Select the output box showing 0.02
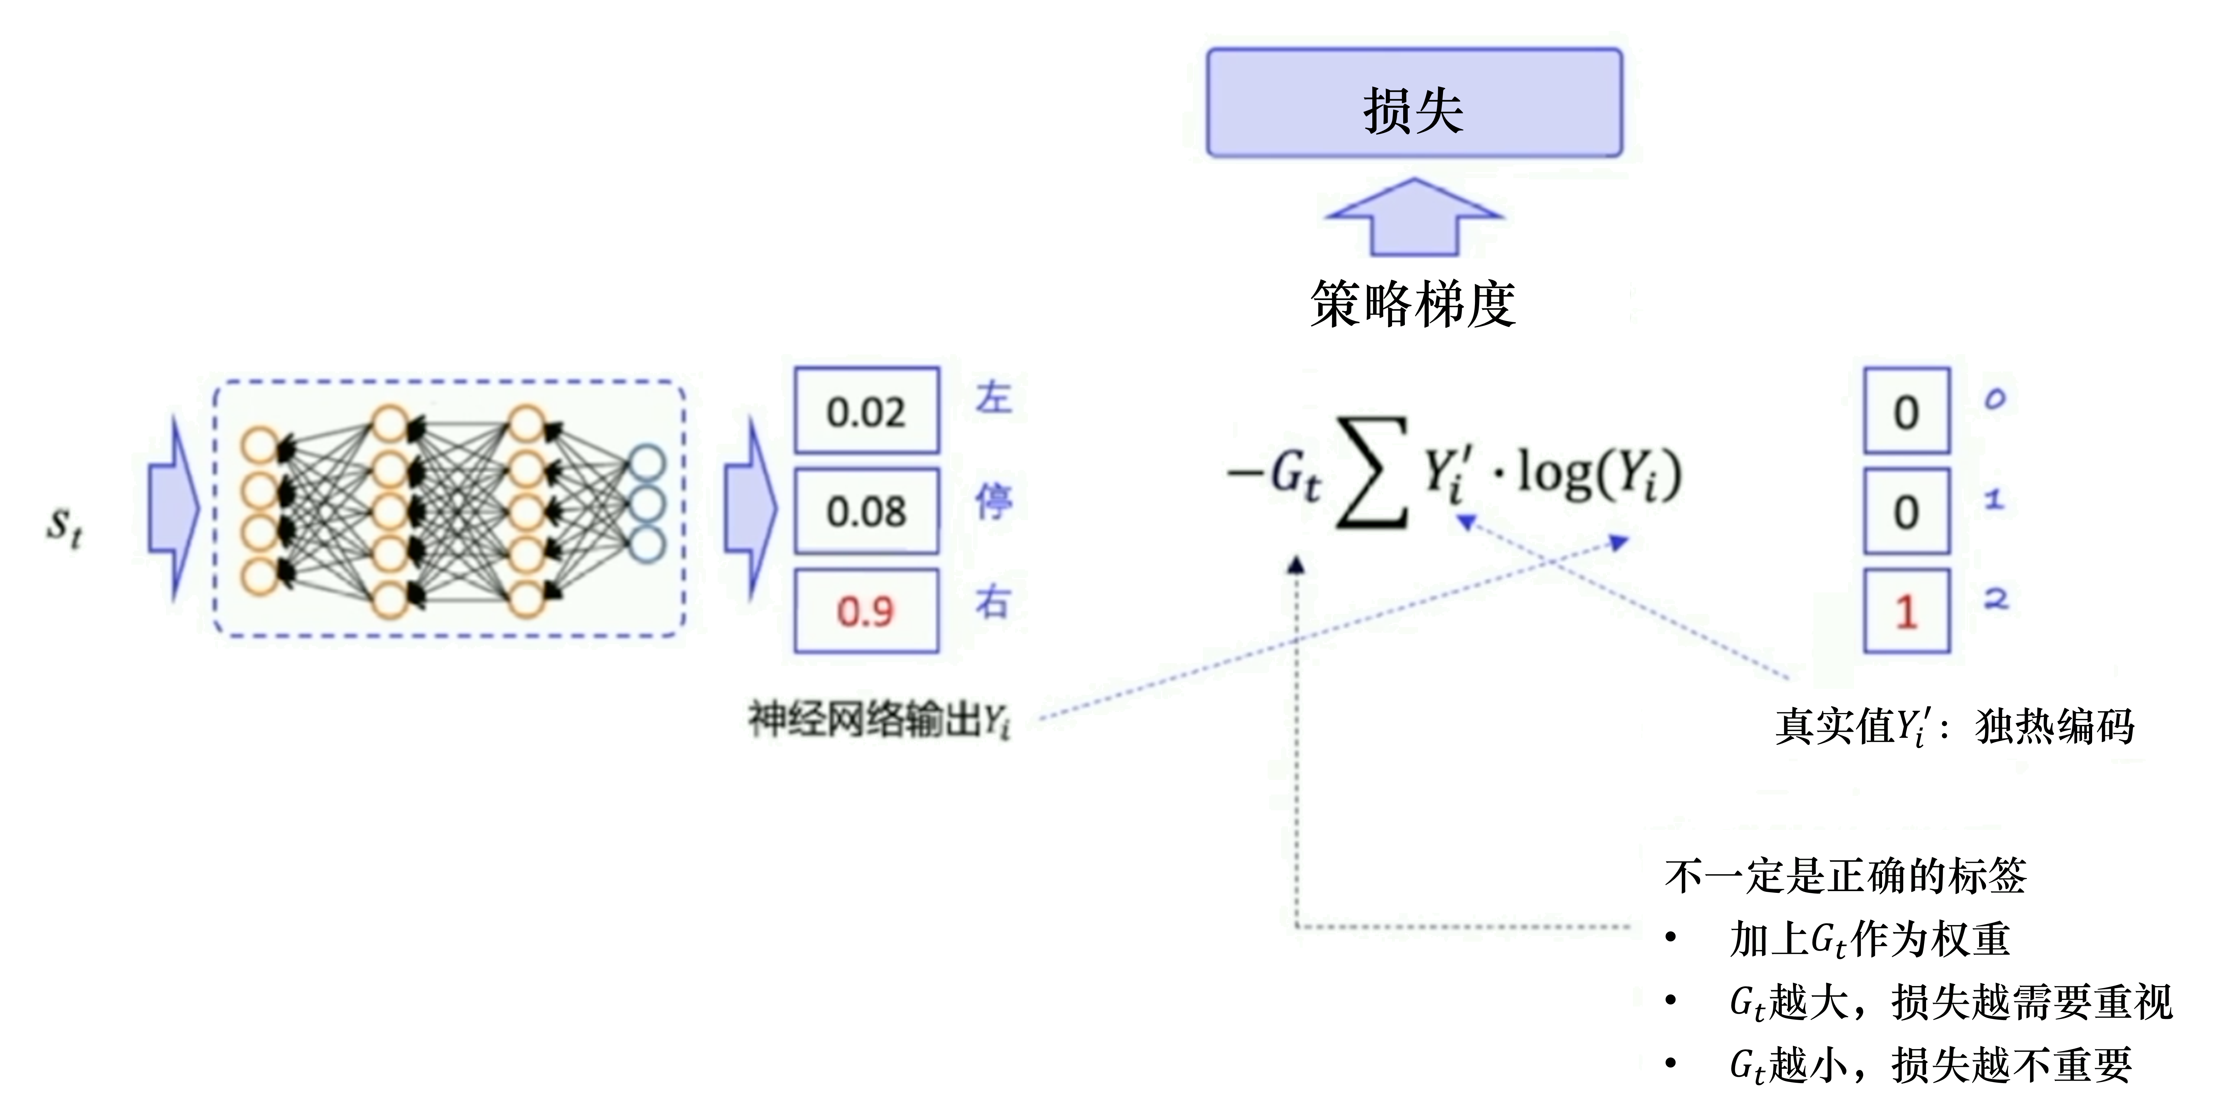point(866,411)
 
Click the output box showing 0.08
point(866,511)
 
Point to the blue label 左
point(993,398)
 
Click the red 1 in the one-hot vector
point(1906,612)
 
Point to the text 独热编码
point(2055,726)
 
